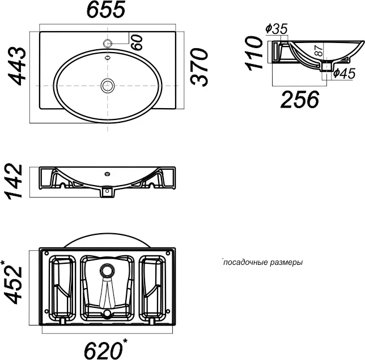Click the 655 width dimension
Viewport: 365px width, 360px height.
106,9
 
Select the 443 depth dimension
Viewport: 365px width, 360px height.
16,66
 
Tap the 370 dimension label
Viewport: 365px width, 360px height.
198,67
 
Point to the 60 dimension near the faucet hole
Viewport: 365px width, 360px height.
137,42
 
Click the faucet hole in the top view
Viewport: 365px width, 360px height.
108,43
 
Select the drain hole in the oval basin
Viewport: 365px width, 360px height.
108,85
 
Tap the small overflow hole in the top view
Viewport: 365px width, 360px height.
108,58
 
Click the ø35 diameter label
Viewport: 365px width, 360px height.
277,29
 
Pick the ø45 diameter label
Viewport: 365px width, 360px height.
344,73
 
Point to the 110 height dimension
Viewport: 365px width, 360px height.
254,53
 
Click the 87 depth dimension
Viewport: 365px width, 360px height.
319,51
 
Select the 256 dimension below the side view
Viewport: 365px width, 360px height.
300,100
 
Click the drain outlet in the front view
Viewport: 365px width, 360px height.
107,192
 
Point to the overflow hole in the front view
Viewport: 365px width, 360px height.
107,174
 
